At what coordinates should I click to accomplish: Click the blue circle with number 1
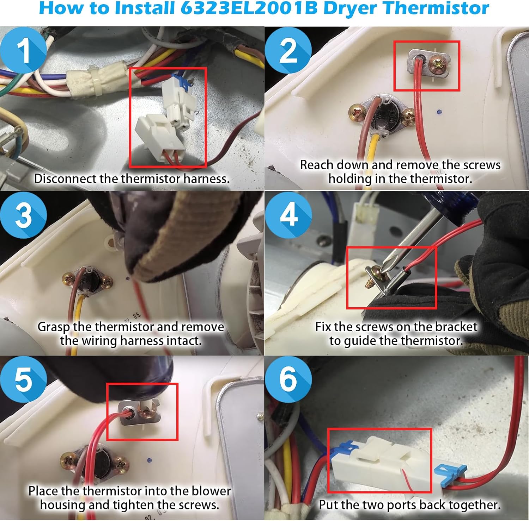(23, 50)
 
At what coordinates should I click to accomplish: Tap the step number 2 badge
(288, 50)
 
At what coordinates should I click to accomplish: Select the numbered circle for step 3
(23, 215)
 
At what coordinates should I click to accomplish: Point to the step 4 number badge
(288, 215)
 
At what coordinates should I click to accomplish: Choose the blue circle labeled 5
(23, 379)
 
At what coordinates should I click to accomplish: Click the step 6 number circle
(288, 379)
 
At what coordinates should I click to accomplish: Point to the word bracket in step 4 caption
(456, 327)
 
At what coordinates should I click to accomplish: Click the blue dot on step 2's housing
(439, 112)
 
